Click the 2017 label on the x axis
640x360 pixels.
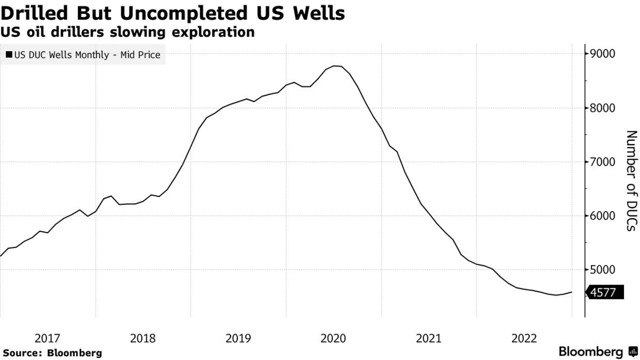[47, 338]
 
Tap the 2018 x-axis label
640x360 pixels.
[143, 338]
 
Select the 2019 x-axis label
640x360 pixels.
[238, 338]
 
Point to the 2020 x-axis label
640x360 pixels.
[333, 338]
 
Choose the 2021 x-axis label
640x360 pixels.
[429, 338]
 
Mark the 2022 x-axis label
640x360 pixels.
[524, 338]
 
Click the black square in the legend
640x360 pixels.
[9, 54]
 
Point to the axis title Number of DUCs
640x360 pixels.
[631, 181]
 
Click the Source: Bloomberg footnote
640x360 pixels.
[52, 353]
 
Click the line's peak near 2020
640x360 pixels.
[335, 66]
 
